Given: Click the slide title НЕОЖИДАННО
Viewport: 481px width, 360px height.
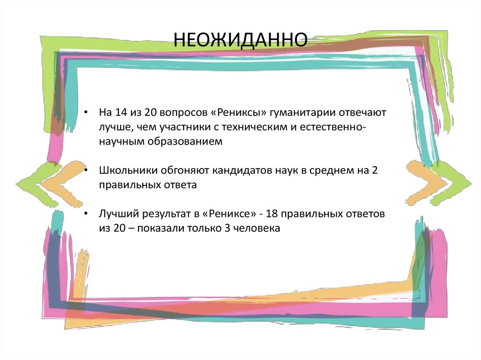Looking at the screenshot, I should pos(241,40).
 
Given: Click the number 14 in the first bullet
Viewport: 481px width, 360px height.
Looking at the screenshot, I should pos(118,113).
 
